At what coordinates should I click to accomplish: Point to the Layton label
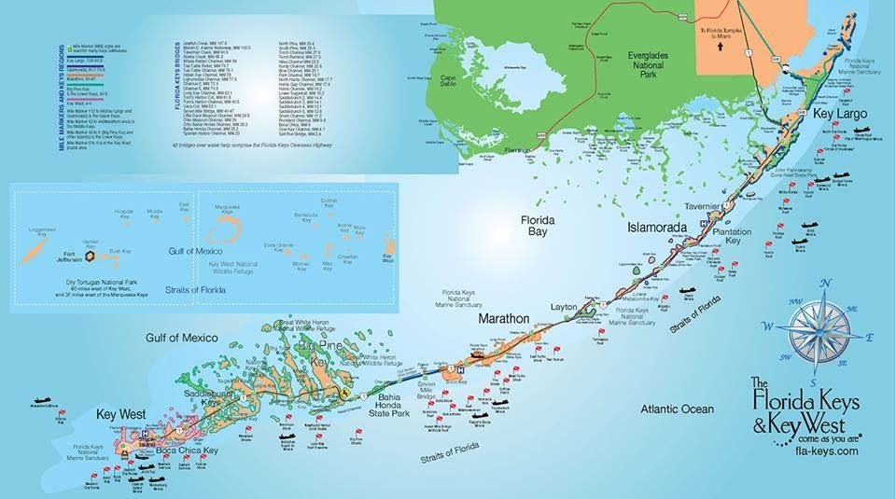[565, 306]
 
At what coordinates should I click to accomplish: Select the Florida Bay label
[539, 227]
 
